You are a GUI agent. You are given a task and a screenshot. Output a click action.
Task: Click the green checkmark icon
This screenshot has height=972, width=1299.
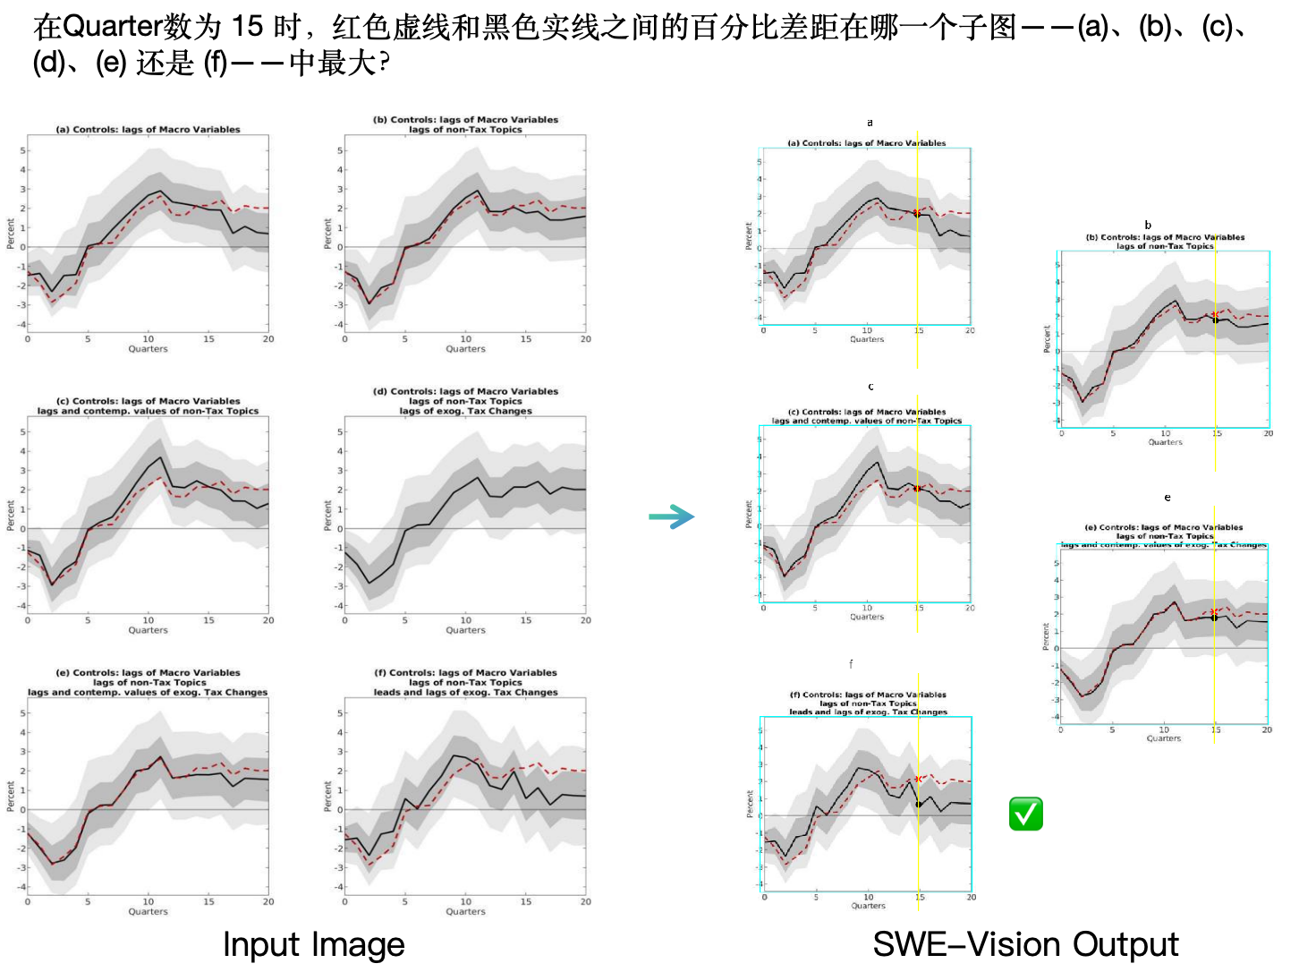[x=1025, y=814]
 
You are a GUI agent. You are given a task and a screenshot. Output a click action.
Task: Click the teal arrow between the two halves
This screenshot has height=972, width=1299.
[x=671, y=516]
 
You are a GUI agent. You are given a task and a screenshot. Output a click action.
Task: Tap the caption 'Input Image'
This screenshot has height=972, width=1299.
[x=313, y=944]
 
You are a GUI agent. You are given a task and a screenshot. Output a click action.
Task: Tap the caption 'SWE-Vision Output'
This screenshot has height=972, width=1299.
[x=1025, y=944]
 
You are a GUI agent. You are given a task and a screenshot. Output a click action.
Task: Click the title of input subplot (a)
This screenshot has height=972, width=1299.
[x=148, y=130]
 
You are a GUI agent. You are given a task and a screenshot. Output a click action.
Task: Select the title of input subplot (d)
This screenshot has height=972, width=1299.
[x=465, y=401]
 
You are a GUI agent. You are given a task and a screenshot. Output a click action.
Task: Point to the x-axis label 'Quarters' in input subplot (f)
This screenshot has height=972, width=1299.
[x=465, y=911]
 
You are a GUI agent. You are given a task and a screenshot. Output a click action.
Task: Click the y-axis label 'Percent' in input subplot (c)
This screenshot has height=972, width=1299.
[x=11, y=516]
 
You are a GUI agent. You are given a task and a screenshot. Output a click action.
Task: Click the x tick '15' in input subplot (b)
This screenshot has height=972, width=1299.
[x=526, y=339]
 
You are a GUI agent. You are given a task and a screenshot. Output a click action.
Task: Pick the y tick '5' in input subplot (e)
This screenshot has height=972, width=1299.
[x=23, y=713]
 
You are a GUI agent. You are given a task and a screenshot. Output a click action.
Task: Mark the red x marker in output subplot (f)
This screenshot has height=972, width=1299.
[x=918, y=780]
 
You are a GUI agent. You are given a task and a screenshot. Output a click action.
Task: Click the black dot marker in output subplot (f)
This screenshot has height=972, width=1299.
[x=918, y=804]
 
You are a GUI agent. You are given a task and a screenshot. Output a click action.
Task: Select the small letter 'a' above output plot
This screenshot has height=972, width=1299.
[x=870, y=123]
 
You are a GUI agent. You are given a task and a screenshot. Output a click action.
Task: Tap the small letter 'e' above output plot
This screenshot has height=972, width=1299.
[x=1167, y=498]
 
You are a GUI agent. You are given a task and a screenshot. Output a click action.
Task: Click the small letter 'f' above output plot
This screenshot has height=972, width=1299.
[x=851, y=664]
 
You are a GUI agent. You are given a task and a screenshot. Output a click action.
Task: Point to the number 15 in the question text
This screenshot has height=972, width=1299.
[x=248, y=27]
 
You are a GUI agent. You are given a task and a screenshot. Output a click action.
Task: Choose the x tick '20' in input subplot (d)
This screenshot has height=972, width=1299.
[x=585, y=620]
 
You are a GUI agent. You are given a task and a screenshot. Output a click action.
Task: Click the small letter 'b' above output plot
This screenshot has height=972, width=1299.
[x=1148, y=226]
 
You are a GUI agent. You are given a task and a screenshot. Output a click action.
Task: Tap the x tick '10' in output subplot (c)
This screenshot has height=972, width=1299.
[x=867, y=608]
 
